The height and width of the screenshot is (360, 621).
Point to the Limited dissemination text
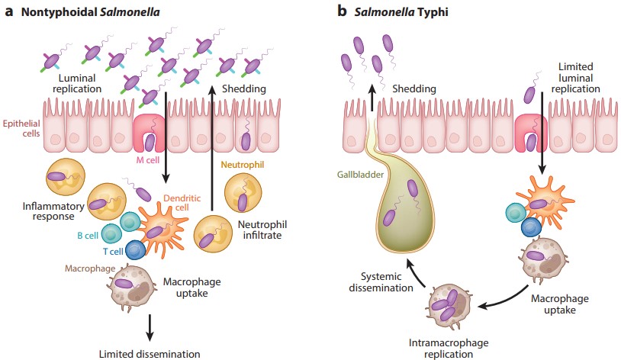[x=150, y=353]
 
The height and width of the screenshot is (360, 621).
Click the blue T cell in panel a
[x=135, y=249]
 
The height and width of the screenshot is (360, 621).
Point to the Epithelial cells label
[x=24, y=128]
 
